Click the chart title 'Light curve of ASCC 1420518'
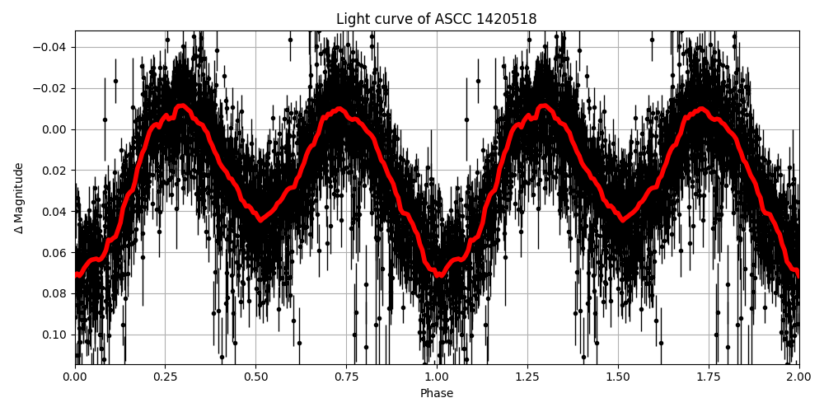[x=436, y=19]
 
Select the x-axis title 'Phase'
[x=436, y=394]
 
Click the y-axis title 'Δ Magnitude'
[x=19, y=198]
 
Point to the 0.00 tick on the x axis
[x=75, y=378]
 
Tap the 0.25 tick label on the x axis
[x=165, y=378]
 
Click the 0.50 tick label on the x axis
[x=255, y=378]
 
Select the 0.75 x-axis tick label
[x=346, y=378]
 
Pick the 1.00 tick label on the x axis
[x=437, y=378]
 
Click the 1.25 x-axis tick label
[x=527, y=378]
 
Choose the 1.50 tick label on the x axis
[x=618, y=378]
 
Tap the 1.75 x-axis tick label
[x=708, y=378]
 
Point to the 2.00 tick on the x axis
[x=798, y=378]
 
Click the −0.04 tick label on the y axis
[x=50, y=47]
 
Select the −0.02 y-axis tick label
[x=50, y=88]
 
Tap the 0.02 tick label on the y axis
[x=54, y=171]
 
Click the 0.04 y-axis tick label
[x=54, y=212]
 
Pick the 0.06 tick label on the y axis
[x=54, y=252]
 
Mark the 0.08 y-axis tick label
[x=54, y=293]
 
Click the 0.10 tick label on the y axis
[x=54, y=335]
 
